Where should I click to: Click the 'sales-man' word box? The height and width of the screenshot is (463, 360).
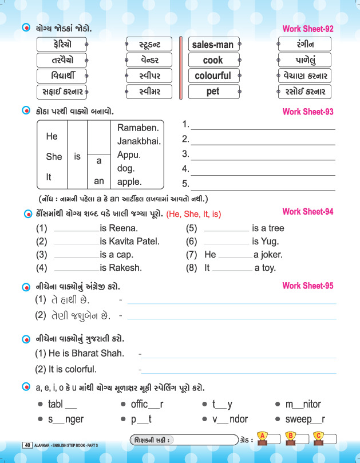(x=213, y=45)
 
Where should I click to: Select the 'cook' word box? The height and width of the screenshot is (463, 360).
(x=213, y=60)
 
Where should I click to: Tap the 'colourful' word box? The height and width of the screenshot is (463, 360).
(x=213, y=76)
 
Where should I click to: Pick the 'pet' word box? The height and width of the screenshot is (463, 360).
(x=213, y=91)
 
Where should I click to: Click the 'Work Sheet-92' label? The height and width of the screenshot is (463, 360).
(x=308, y=29)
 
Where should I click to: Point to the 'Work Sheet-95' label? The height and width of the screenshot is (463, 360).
(x=308, y=286)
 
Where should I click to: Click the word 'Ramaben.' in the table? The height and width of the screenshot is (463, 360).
(x=138, y=127)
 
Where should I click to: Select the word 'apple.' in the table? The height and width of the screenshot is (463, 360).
(x=129, y=182)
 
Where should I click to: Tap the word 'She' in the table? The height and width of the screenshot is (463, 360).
(x=54, y=156)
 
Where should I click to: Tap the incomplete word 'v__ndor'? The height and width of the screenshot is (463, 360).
(x=230, y=419)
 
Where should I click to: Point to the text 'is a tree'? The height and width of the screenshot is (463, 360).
(x=268, y=228)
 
